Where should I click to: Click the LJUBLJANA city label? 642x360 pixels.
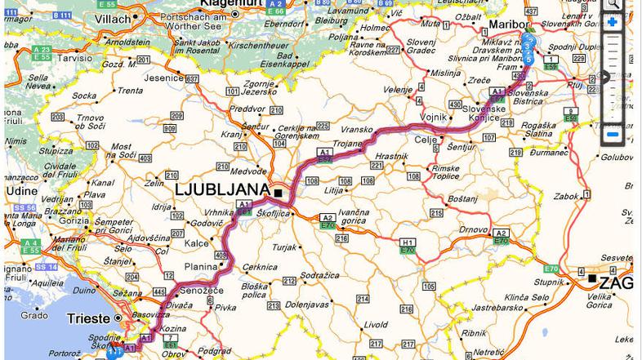221,190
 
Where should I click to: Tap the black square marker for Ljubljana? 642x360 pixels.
278,193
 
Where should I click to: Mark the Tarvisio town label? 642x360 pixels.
74,58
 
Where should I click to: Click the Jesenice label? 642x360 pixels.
164,78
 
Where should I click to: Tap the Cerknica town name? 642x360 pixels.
260,266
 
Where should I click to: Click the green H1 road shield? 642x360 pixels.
408,242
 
